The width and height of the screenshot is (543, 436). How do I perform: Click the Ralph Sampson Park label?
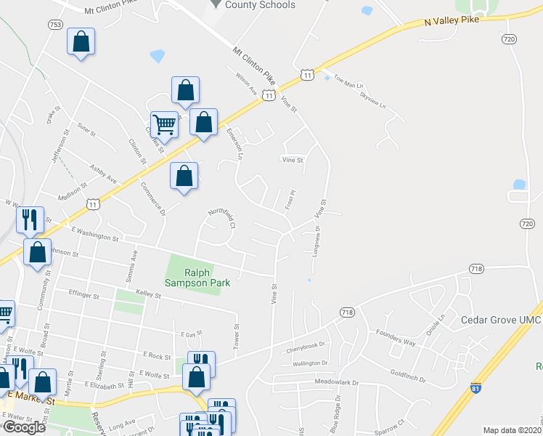[197, 278]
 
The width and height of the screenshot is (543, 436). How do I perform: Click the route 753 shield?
[55, 25]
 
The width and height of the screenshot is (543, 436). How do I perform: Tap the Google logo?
[23, 427]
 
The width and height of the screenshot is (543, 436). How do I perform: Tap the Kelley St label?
[147, 294]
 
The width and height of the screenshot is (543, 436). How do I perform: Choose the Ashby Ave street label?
[103, 174]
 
